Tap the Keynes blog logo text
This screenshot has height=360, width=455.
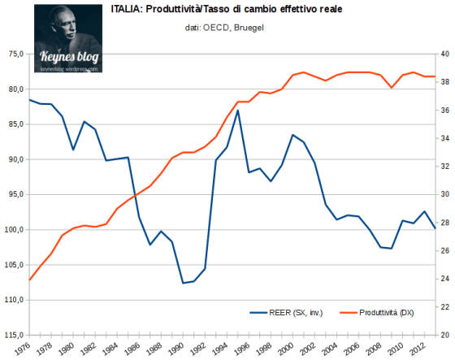(x=69, y=58)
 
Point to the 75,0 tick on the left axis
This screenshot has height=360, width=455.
(x=14, y=54)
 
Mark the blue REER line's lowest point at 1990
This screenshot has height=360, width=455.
(x=184, y=283)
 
